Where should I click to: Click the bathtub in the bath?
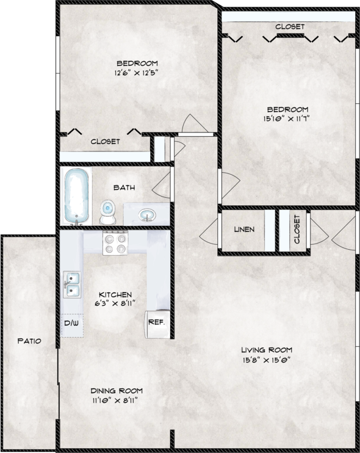[x=77, y=196]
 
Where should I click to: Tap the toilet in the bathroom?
[x=108, y=211]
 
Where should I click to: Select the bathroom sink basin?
[x=146, y=215]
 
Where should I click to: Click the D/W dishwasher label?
[x=72, y=322]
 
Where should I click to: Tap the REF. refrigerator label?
[x=156, y=322]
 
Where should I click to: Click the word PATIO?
[x=29, y=341]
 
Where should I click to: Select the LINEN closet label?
[x=244, y=230]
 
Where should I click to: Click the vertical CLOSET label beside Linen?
[x=297, y=230]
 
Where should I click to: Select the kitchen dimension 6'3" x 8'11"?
[x=115, y=302]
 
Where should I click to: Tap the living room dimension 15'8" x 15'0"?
[x=266, y=360]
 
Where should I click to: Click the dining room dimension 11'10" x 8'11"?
[x=117, y=400]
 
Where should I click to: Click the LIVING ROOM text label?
[x=267, y=350]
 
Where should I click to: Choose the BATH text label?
[x=124, y=188]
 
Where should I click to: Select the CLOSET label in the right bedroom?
[x=290, y=27]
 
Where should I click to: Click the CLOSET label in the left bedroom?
[x=105, y=141]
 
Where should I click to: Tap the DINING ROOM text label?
[x=117, y=391]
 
